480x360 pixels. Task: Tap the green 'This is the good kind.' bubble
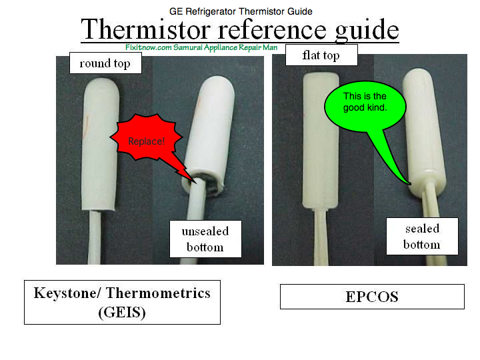point(365,105)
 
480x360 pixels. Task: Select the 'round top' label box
point(105,63)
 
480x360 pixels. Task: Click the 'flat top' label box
point(321,55)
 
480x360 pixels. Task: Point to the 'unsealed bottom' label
point(205,239)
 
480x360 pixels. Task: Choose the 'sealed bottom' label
point(422,236)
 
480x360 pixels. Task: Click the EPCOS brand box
point(372,297)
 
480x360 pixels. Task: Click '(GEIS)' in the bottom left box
point(122,313)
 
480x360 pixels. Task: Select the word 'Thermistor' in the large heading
point(146,29)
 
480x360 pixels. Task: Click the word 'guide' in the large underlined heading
point(367,31)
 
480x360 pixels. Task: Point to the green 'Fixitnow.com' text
point(148,47)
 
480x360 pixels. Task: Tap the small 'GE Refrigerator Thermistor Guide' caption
point(241,11)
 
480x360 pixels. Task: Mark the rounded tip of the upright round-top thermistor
point(101,84)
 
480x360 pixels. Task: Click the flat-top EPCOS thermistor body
point(321,141)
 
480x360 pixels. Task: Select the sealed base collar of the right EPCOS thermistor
point(427,185)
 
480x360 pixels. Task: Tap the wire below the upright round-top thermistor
point(95,237)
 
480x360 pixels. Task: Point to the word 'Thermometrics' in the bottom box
point(158,293)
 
